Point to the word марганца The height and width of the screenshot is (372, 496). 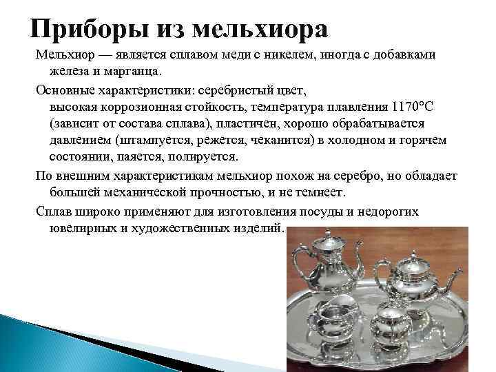pos(130,70)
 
